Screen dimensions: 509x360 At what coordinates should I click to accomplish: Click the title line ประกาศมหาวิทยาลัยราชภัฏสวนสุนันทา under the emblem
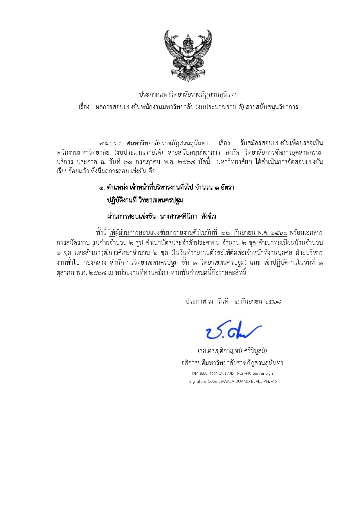tap(188, 95)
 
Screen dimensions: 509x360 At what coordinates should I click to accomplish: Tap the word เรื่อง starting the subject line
tap(84, 107)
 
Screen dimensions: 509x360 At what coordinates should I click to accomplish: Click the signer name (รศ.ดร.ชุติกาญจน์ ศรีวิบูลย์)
tap(232, 351)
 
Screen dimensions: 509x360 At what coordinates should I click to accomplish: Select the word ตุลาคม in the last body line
tap(65, 273)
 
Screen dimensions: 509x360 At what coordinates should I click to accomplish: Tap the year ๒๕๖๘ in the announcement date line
tap(273, 302)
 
